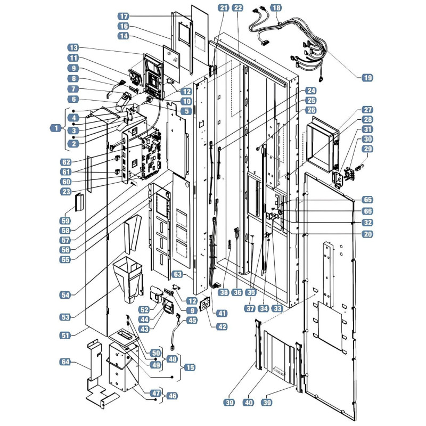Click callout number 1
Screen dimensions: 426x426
(x=56, y=128)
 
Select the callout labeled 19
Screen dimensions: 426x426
(x=367, y=78)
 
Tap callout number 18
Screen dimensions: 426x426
(x=276, y=8)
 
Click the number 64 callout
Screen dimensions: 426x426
(x=65, y=362)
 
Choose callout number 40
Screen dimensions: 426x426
(x=249, y=403)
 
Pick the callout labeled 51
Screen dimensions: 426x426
(x=65, y=335)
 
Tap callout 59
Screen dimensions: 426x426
(x=65, y=220)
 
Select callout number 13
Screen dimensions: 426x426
(x=73, y=47)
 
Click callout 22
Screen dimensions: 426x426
(x=238, y=8)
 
